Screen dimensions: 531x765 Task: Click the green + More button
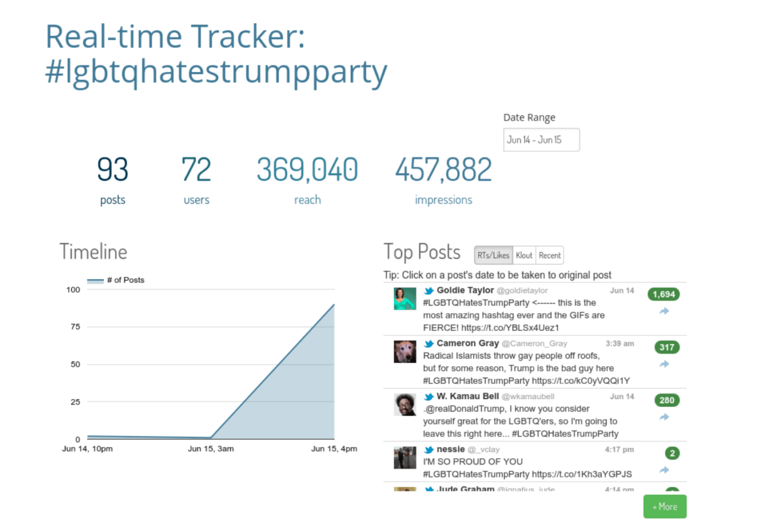(x=665, y=507)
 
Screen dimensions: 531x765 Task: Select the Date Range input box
(x=541, y=140)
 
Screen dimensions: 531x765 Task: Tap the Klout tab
(x=524, y=255)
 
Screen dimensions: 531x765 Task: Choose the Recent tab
(x=549, y=255)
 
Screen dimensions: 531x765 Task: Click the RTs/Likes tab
(x=493, y=255)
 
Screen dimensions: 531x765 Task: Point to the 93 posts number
(x=112, y=170)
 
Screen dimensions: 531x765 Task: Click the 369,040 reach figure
(x=307, y=170)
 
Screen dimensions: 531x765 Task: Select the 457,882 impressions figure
(x=443, y=170)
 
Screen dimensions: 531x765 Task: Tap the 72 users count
(x=196, y=170)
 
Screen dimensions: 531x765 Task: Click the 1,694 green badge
(x=664, y=294)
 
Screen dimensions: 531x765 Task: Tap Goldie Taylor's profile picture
(x=405, y=299)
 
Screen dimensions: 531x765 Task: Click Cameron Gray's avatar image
(x=405, y=351)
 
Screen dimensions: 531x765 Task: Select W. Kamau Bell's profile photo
(x=405, y=404)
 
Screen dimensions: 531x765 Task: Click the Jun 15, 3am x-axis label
(x=210, y=449)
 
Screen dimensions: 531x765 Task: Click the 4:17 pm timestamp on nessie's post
(x=620, y=449)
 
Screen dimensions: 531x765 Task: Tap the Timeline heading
(x=93, y=251)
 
